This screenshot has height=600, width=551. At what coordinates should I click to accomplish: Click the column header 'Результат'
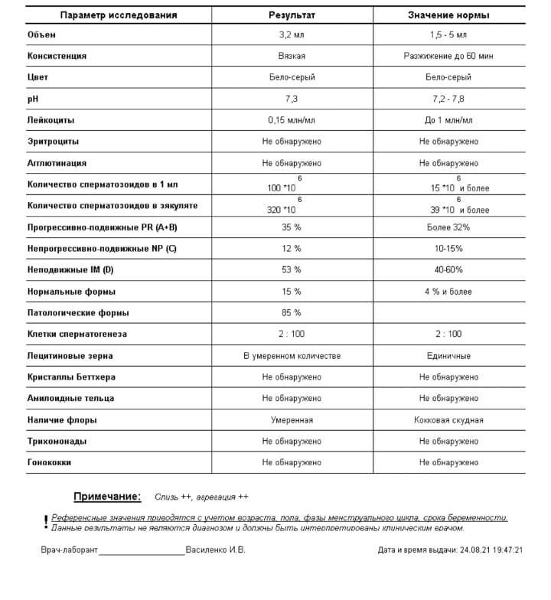tap(291, 15)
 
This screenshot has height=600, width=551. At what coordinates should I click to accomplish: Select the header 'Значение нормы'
tap(448, 15)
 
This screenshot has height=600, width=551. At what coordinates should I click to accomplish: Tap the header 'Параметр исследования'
tap(119, 15)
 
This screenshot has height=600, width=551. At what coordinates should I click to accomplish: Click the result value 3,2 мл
tap(292, 35)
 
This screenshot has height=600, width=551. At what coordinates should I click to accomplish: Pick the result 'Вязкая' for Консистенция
tap(292, 56)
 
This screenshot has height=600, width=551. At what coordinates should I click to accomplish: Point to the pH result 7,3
tap(292, 99)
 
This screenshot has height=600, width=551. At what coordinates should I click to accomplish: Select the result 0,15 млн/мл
tap(292, 120)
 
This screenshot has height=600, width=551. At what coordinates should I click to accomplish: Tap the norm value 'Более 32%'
tap(448, 227)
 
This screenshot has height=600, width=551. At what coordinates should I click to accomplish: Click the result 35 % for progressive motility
tap(292, 227)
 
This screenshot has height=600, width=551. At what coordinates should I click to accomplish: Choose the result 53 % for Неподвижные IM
tap(292, 270)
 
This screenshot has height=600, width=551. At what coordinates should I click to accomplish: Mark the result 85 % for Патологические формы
tap(292, 313)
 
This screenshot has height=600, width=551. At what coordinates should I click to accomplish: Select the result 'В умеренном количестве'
tap(292, 356)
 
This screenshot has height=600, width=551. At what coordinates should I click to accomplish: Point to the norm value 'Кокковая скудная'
tap(448, 420)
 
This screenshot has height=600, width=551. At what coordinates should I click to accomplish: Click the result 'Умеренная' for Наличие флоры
tap(292, 420)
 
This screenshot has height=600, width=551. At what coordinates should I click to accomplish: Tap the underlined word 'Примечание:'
tap(107, 497)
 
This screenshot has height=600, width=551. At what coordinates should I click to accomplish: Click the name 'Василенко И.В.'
tap(215, 549)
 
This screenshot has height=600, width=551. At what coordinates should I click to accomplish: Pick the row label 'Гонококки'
tap(50, 463)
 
